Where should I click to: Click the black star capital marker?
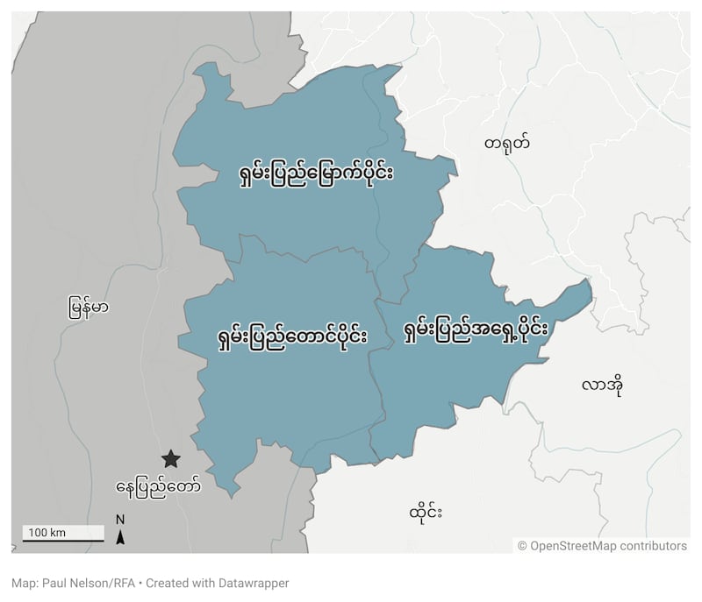[170, 458]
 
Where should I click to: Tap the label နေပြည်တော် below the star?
[158, 484]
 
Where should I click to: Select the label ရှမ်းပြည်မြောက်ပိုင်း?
[315, 172]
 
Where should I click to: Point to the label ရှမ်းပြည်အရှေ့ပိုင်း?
[475, 331]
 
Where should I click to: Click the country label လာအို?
[601, 386]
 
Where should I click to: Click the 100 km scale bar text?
[47, 533]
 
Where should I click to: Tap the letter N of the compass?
[120, 519]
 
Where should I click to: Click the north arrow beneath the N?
[120, 536]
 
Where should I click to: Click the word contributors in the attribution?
[654, 546]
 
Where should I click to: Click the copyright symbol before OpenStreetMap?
[523, 546]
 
